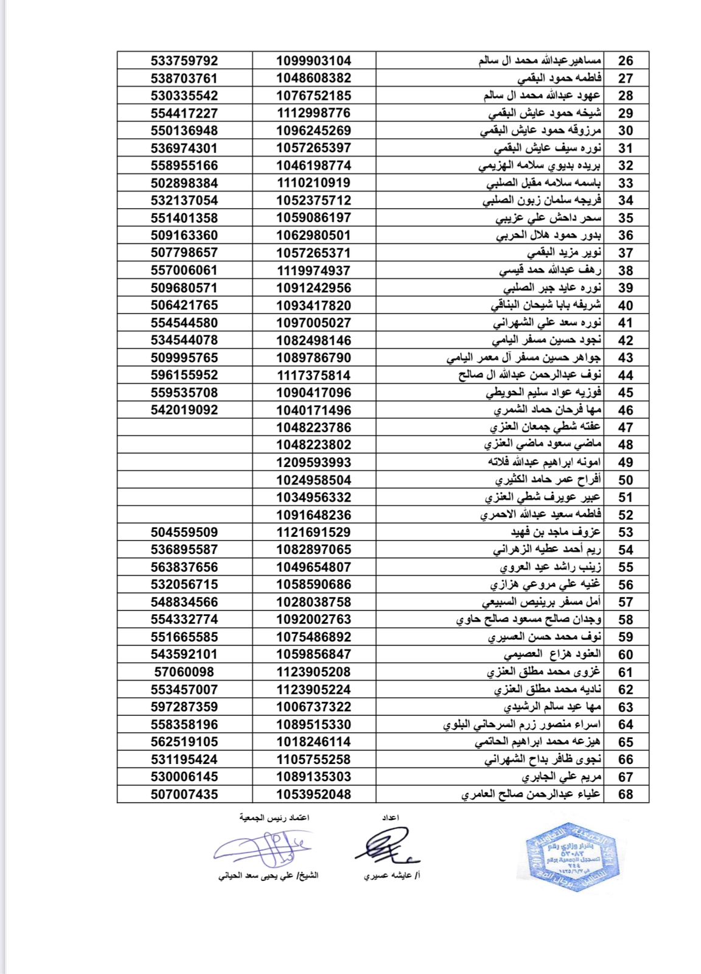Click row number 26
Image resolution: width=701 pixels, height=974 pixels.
(626, 61)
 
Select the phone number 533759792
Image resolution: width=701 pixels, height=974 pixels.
(184, 61)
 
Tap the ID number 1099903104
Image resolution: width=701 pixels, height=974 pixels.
(313, 61)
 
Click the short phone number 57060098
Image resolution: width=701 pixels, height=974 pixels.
(184, 672)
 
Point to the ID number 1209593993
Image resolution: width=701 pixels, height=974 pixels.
(313, 463)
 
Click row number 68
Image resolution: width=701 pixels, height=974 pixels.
(626, 794)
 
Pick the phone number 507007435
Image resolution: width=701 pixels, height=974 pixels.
(184, 794)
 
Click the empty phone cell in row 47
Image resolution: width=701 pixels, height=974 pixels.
(184, 427)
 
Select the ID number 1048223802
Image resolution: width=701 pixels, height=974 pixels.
(313, 445)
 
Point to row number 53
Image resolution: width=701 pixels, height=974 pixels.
(626, 533)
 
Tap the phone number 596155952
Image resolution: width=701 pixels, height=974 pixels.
(184, 375)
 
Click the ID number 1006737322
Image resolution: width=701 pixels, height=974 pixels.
(313, 707)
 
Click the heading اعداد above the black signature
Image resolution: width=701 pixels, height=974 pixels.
(390, 818)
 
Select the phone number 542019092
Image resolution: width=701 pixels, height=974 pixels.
(184, 410)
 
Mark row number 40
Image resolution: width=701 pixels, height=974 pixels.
(626, 306)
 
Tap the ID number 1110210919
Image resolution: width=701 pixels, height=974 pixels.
(313, 183)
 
